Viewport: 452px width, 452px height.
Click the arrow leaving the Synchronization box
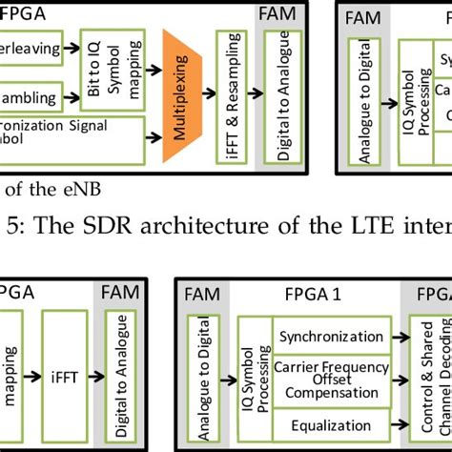click(394, 337)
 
